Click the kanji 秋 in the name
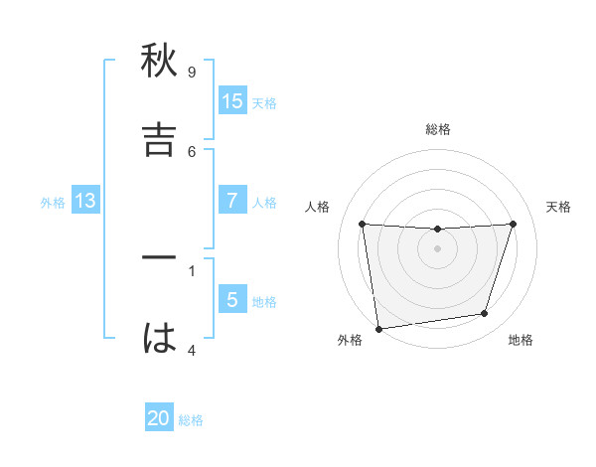pyautogui.click(x=160, y=63)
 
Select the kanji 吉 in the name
pyautogui.click(x=160, y=140)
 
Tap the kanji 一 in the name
pyautogui.click(x=160, y=258)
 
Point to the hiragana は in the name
pyautogui.click(x=160, y=338)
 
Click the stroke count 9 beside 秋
pyautogui.click(x=192, y=73)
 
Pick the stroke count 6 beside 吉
pyautogui.click(x=192, y=151)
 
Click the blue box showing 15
pyautogui.click(x=232, y=101)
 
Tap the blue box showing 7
pyautogui.click(x=232, y=201)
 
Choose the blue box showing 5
pyautogui.click(x=232, y=300)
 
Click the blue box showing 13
pyautogui.click(x=85, y=201)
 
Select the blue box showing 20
pyautogui.click(x=159, y=419)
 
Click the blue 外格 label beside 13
pyautogui.click(x=53, y=203)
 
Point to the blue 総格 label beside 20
pyautogui.click(x=191, y=420)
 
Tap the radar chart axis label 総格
pyautogui.click(x=438, y=129)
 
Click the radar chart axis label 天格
pyautogui.click(x=558, y=207)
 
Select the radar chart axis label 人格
pyautogui.click(x=318, y=207)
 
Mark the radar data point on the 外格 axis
pyautogui.click(x=378, y=328)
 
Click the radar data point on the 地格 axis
pyautogui.click(x=485, y=314)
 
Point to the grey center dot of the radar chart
pyautogui.click(x=437, y=248)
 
